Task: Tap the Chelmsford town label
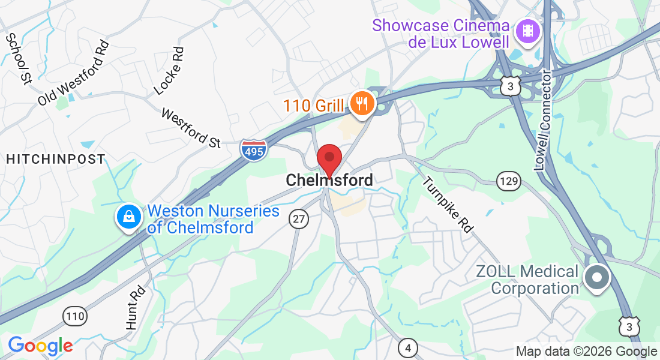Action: click(x=329, y=180)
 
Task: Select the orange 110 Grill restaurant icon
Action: click(x=362, y=104)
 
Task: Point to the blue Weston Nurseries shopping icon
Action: click(x=128, y=217)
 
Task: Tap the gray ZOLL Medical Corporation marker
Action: click(x=597, y=278)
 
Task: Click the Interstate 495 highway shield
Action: click(x=253, y=149)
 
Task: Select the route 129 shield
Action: click(x=507, y=180)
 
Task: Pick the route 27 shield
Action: click(x=298, y=219)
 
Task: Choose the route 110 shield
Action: click(x=76, y=316)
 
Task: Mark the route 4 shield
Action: click(x=408, y=347)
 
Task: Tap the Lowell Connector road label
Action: click(x=543, y=120)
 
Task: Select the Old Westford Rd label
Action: click(x=74, y=73)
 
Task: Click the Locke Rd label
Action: click(x=168, y=71)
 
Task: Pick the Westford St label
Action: click(x=191, y=128)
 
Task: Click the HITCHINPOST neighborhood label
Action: click(x=55, y=159)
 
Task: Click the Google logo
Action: click(x=40, y=346)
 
